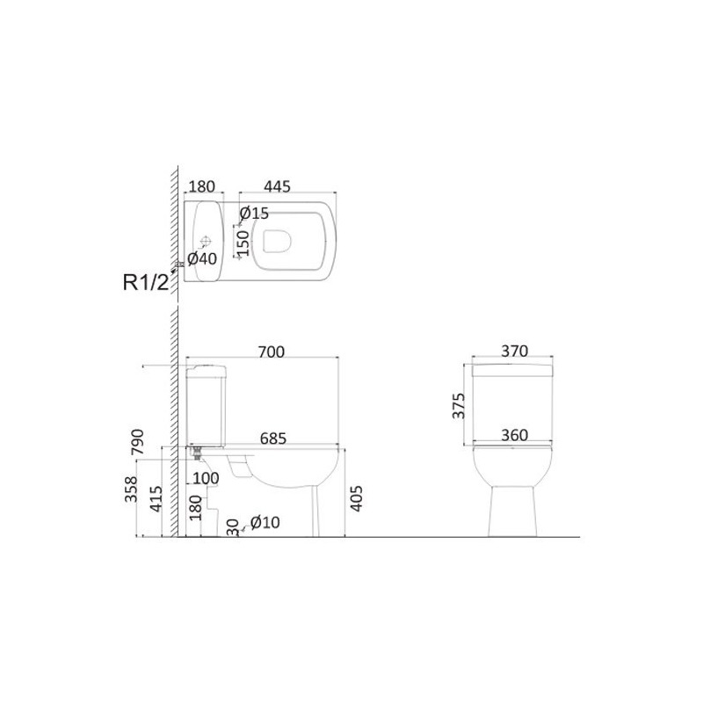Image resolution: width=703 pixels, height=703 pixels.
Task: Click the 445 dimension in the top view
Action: click(x=277, y=186)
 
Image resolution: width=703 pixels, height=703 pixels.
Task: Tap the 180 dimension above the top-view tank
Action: click(x=202, y=186)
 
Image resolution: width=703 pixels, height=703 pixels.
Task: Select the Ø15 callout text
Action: click(x=254, y=214)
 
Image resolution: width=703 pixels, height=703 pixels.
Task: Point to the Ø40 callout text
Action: click(x=202, y=258)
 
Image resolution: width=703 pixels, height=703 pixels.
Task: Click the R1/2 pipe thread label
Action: click(x=147, y=282)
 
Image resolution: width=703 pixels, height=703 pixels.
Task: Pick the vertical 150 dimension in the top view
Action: click(x=243, y=243)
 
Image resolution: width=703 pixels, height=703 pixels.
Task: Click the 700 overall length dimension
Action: click(x=272, y=352)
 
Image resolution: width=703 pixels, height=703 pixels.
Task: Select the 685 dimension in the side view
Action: click(x=273, y=438)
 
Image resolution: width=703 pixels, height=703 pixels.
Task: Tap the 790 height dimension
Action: click(x=138, y=442)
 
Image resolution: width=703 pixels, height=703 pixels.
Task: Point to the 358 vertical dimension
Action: click(x=131, y=489)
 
